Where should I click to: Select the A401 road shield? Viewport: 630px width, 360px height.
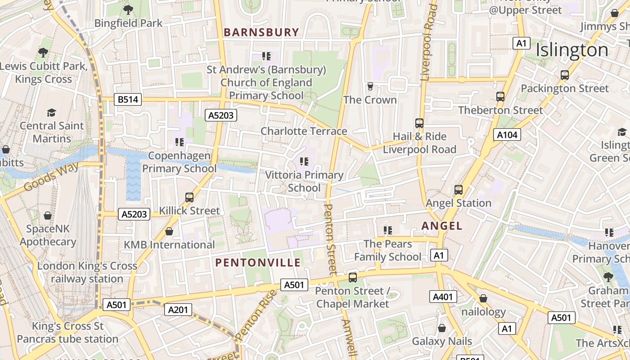tap(444, 297)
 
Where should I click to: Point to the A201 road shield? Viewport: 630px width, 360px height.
tap(179, 310)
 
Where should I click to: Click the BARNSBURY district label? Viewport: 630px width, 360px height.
tap(261, 32)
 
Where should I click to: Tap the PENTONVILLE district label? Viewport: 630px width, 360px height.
tap(258, 262)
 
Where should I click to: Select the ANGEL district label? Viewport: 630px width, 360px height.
tap(442, 226)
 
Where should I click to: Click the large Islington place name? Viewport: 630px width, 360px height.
tap(572, 50)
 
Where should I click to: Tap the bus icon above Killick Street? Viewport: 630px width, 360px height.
tap(189, 197)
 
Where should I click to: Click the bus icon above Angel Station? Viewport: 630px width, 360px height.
tap(459, 189)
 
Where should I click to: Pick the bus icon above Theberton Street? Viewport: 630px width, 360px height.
tap(500, 96)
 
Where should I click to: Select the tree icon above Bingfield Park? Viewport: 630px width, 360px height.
tap(128, 9)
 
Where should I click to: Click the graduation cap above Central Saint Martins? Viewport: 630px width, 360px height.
tap(52, 112)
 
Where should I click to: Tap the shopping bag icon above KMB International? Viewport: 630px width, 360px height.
tap(169, 231)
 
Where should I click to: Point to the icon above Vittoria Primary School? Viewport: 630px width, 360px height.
tap(304, 161)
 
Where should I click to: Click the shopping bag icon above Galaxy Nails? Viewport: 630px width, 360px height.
tap(442, 328)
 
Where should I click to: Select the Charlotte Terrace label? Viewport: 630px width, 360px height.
tap(304, 131)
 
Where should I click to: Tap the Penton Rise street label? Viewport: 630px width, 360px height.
tap(256, 315)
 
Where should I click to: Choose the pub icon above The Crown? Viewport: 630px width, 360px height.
tap(370, 86)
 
